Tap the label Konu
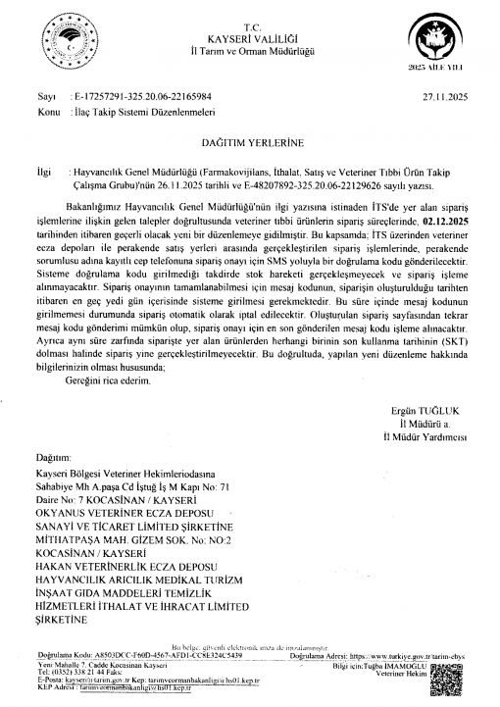(x=42, y=114)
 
